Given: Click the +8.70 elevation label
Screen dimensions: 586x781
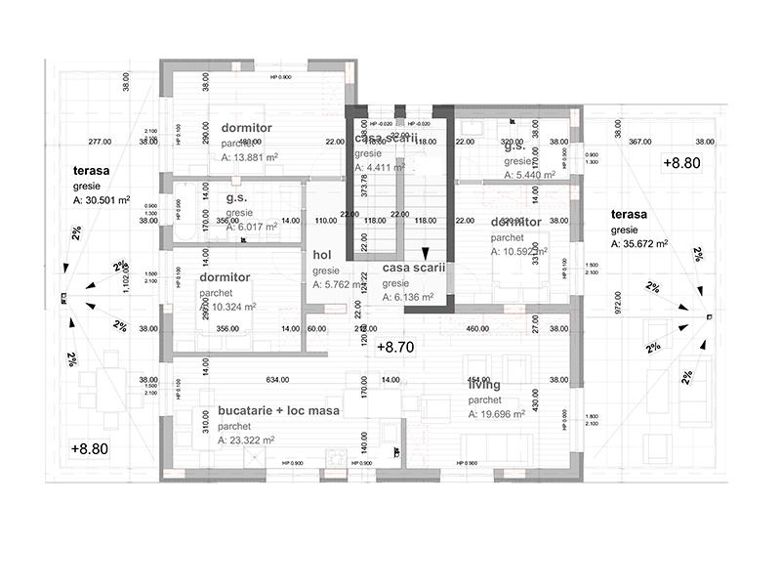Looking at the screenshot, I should pos(396,347).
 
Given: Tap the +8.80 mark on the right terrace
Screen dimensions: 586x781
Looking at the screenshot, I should pos(680,163).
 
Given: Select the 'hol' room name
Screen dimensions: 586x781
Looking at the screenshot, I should pos(322,255).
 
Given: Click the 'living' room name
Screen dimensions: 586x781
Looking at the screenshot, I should pos(485,385).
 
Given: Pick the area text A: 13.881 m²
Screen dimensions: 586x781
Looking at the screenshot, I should pos(250,157).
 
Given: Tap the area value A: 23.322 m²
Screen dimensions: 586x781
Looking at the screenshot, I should pos(249,441).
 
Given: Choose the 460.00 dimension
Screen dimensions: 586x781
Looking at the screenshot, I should pos(477,329).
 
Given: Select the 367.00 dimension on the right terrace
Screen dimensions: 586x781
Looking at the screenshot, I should pos(639,142).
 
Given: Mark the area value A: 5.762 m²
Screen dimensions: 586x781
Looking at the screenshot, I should pos(337,285).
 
